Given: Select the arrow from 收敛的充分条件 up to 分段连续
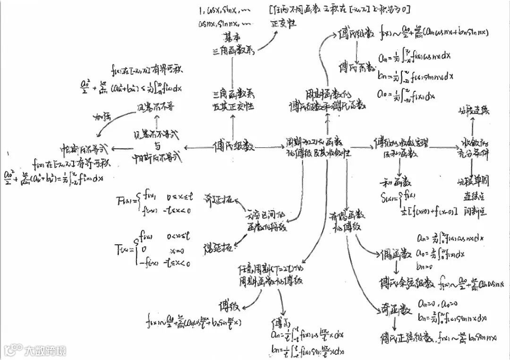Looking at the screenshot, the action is point(474,128).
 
